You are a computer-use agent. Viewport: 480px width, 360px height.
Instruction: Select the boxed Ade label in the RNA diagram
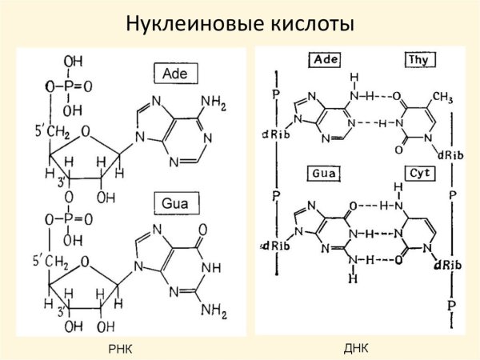(x=178, y=74)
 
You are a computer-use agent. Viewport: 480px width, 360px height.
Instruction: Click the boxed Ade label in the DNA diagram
(x=324, y=60)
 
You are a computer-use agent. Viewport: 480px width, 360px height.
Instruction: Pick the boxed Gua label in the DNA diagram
(x=325, y=172)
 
